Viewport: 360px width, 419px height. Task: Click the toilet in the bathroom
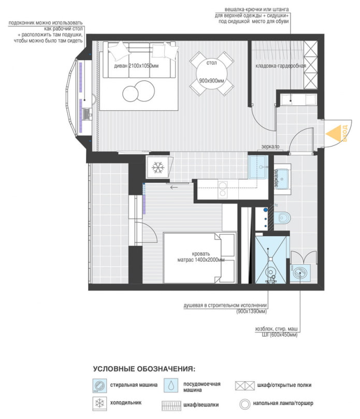coord(282,218)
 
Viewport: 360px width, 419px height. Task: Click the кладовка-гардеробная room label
coord(281,66)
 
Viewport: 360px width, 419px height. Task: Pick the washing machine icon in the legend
coord(99,385)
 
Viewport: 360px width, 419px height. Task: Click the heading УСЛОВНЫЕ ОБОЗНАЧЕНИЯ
coord(144,369)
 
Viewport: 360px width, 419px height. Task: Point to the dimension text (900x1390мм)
coord(252,312)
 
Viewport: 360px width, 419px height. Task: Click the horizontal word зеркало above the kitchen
coord(271,147)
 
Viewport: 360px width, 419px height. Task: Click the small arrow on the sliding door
coord(173,186)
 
